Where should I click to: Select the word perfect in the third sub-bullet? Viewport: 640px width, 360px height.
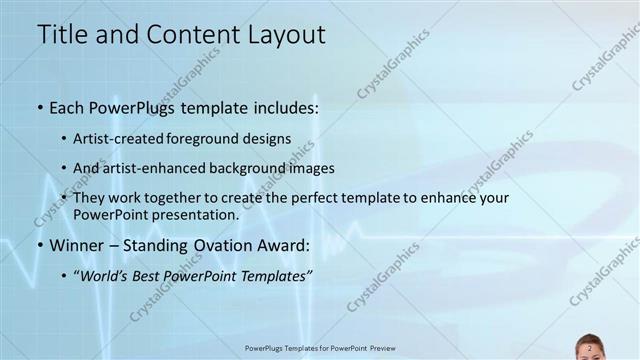click(x=315, y=198)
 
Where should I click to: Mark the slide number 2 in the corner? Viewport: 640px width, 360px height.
click(x=590, y=348)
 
